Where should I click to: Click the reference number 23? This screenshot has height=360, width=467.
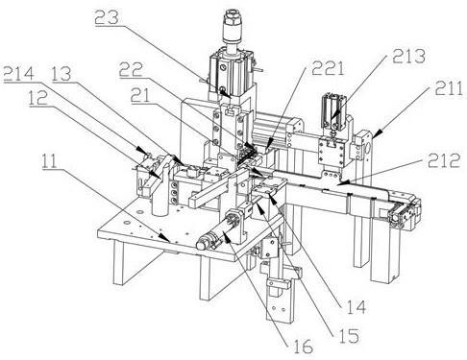click(107, 17)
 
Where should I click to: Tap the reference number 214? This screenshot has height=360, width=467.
click(18, 74)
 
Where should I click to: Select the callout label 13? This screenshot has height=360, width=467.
click(61, 74)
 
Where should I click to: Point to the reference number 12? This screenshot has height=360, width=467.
click(37, 98)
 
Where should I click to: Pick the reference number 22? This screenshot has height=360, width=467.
click(131, 69)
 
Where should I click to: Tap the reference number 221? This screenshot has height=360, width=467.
click(328, 68)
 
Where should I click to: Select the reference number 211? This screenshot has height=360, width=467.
click(449, 88)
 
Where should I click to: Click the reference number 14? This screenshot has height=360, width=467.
click(356, 307)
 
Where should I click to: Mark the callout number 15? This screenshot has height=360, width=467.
click(349, 335)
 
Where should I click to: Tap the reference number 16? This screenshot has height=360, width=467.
click(303, 347)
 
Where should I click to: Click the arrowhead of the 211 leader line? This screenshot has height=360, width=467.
click(376, 133)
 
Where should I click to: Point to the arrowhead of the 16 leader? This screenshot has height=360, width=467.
click(225, 237)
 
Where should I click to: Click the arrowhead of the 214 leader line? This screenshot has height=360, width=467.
click(139, 149)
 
